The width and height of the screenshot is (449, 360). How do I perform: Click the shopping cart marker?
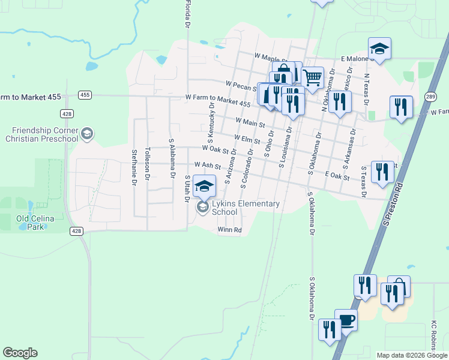pyautogui.click(x=312, y=77)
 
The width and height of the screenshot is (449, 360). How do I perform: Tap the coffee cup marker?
pyautogui.click(x=346, y=320)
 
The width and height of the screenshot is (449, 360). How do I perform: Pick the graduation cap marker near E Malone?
pyautogui.click(x=379, y=48)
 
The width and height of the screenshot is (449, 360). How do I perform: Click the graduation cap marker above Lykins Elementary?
pyautogui.click(x=204, y=185)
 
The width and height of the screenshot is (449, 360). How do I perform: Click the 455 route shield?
pyautogui.click(x=85, y=95)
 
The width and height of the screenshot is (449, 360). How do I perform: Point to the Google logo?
pyautogui.click(x=20, y=353)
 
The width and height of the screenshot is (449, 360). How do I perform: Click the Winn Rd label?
pyautogui.click(x=229, y=230)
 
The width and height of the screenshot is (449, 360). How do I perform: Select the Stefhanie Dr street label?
pyautogui.click(x=134, y=166)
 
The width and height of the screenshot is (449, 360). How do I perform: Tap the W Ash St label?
pyautogui.click(x=208, y=164)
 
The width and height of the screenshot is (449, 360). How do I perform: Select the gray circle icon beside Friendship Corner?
pyautogui.click(x=87, y=133)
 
